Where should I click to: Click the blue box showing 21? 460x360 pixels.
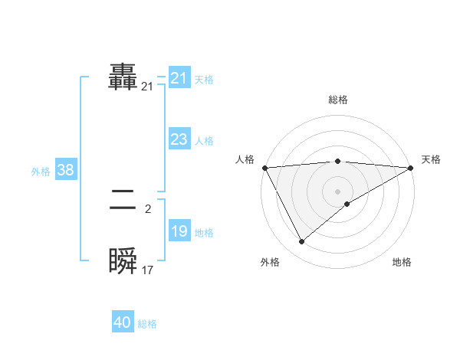[x=179, y=78]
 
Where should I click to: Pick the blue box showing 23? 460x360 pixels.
[x=179, y=139]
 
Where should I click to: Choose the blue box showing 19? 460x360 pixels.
[x=179, y=231]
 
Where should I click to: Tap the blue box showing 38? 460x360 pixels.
[x=65, y=170]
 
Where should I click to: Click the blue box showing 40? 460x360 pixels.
[x=123, y=323]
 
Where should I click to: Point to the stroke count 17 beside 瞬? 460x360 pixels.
[x=148, y=270]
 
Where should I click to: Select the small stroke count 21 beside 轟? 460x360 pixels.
[x=148, y=87]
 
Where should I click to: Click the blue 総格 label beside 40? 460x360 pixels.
[x=147, y=324]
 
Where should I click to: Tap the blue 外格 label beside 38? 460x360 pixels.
[x=41, y=172]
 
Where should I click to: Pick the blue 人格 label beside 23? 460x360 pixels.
[x=204, y=141]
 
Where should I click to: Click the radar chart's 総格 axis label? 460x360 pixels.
[x=337, y=100]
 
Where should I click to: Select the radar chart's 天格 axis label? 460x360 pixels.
[x=431, y=159]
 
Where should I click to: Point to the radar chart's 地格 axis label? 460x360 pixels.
[x=402, y=263]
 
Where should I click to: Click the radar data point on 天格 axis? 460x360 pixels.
[x=411, y=168]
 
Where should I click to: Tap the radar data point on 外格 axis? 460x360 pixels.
[x=301, y=242]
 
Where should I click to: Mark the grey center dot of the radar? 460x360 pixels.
[x=337, y=191]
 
